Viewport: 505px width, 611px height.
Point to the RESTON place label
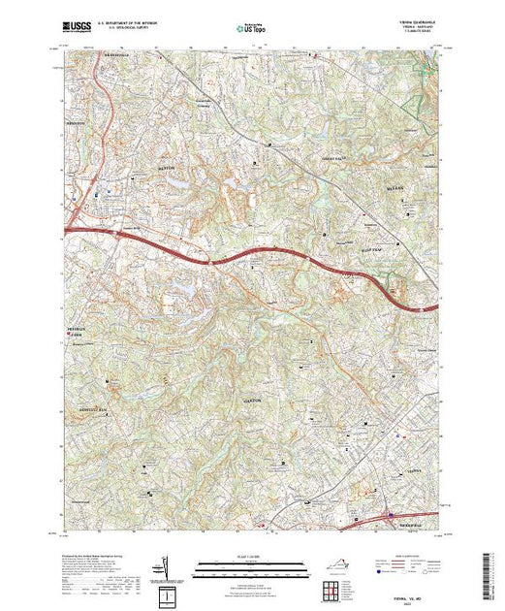click(x=165, y=167)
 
